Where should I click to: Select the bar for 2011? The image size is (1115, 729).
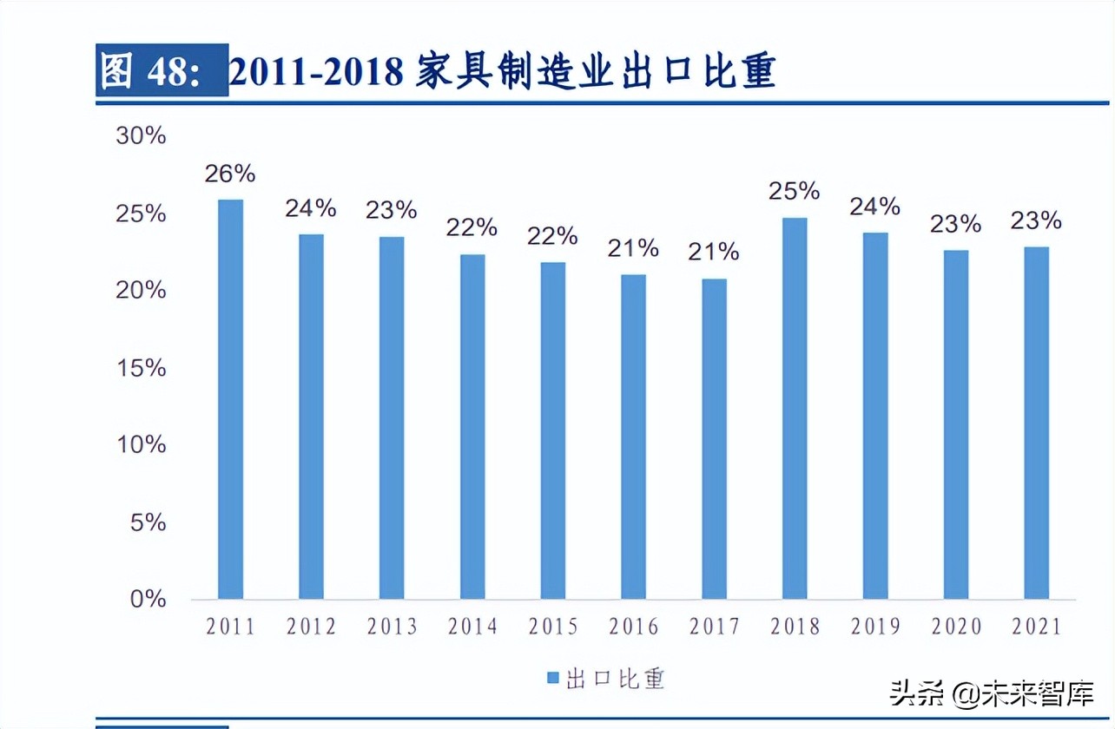pyautogui.click(x=230, y=399)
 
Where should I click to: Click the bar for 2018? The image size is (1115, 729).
pyautogui.click(x=795, y=408)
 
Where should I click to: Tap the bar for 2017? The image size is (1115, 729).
pyautogui.click(x=714, y=438)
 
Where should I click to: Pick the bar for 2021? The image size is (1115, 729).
pyautogui.click(x=1036, y=423)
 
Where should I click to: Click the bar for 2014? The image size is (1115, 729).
pyautogui.click(x=472, y=426)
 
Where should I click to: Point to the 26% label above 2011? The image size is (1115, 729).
pyautogui.click(x=230, y=174)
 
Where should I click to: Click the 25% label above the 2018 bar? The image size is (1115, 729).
pyautogui.click(x=794, y=191)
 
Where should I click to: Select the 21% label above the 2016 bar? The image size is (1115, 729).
pyautogui.click(x=633, y=249)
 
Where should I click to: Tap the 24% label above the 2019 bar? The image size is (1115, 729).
pyautogui.click(x=874, y=207)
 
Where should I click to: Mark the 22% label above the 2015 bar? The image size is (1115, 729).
pyautogui.click(x=552, y=236)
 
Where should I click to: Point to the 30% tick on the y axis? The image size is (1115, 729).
pyautogui.click(x=141, y=136)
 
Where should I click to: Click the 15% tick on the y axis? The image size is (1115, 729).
pyautogui.click(x=141, y=367)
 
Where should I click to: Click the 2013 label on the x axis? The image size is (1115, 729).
pyautogui.click(x=392, y=627)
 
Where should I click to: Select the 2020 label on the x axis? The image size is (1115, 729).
pyautogui.click(x=956, y=627)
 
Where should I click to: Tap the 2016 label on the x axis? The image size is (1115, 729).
pyautogui.click(x=633, y=627)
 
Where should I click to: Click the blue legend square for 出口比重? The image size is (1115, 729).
pyautogui.click(x=551, y=678)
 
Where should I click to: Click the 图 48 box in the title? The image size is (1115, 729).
pyautogui.click(x=162, y=71)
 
